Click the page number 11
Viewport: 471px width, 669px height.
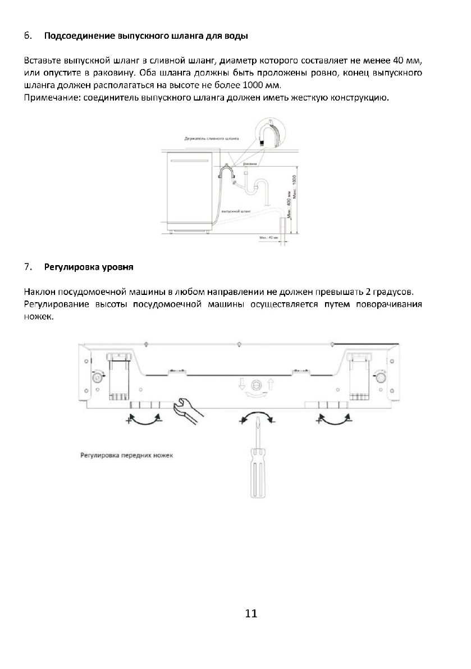pyautogui.click(x=251, y=613)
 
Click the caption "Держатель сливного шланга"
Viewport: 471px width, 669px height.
pyautogui.click(x=211, y=138)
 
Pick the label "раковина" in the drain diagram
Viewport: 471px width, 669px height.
pyautogui.click(x=250, y=164)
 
